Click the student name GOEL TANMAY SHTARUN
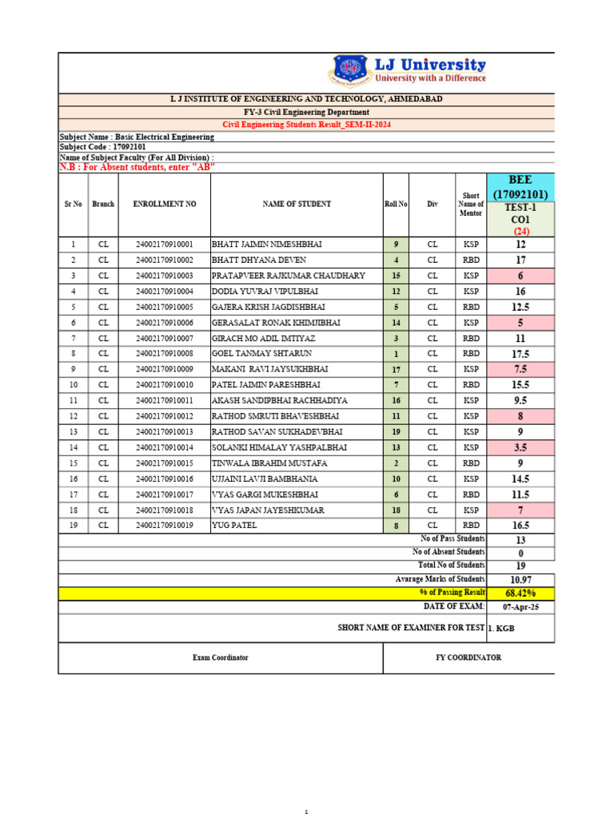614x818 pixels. coord(261,353)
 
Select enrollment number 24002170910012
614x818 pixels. coord(165,416)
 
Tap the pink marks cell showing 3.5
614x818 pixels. coord(520,448)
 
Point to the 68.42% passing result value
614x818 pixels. coord(520,593)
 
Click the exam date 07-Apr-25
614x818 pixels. coord(520,607)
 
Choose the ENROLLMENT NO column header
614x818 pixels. coord(165,204)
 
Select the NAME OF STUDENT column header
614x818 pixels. coord(297,204)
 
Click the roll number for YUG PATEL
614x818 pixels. coord(396,526)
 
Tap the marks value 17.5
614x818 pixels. coord(520,354)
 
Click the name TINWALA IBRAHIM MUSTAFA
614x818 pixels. coord(269,463)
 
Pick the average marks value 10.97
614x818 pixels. coord(520,579)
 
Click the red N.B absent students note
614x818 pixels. coord(138,167)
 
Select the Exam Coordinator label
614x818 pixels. coord(221,657)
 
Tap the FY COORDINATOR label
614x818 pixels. coord(468,657)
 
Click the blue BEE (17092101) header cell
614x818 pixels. coord(520,188)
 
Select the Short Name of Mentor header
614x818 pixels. coord(471,204)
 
